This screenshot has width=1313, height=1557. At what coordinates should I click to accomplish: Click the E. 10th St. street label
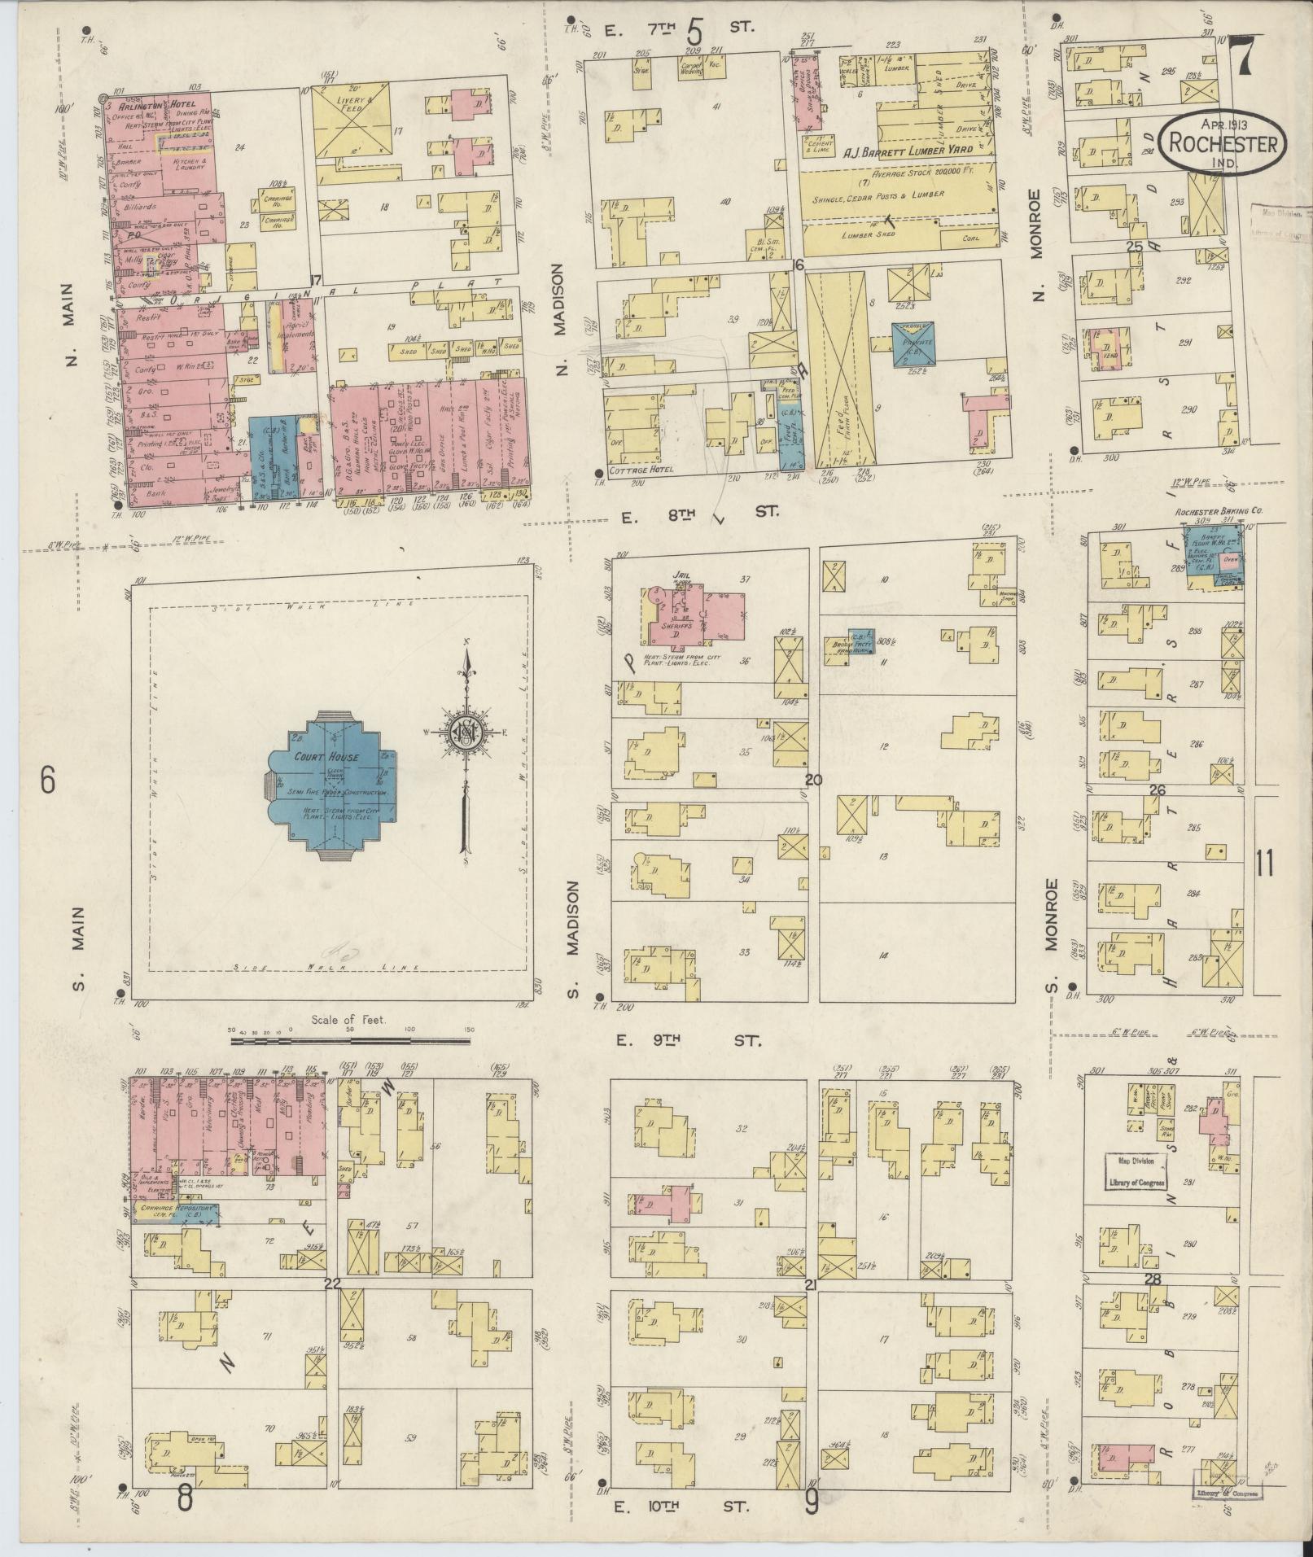pos(689,1507)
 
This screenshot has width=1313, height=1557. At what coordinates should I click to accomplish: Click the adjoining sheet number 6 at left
pos(46,781)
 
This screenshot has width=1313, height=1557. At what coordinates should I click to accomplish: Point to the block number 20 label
pos(813,780)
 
